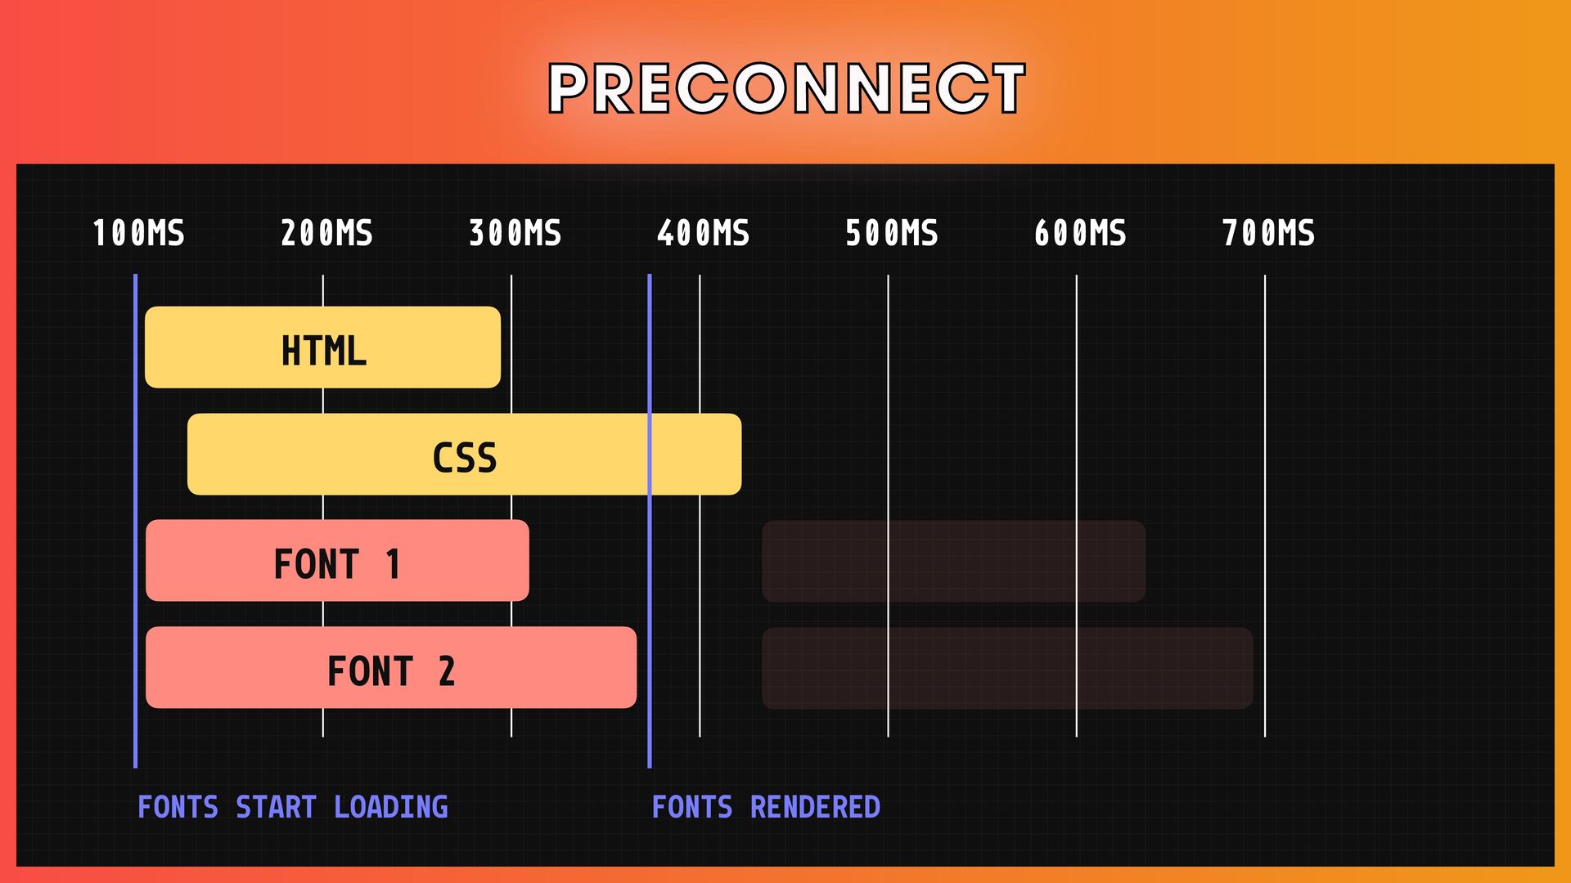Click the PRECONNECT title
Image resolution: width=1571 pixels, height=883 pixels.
tap(785, 88)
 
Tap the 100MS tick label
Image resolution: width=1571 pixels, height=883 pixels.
tap(138, 234)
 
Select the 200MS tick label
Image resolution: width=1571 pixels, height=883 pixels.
tap(326, 234)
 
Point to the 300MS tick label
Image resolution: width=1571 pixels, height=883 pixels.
tap(515, 234)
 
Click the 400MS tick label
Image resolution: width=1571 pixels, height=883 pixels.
tap(703, 234)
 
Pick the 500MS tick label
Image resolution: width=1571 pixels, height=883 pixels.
tap(891, 234)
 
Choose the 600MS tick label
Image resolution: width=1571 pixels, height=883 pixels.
tap(1080, 234)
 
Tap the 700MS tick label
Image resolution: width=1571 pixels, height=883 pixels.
tap(1268, 234)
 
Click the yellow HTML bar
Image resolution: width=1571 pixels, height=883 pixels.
tap(322, 347)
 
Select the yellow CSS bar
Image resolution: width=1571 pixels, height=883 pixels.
tap(464, 455)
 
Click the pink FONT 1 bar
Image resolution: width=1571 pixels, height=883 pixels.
tap(337, 561)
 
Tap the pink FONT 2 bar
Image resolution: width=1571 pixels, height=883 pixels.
tap(390, 668)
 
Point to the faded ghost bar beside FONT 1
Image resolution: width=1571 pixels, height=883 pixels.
tap(953, 562)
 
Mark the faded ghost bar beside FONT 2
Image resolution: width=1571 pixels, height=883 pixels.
tap(1007, 668)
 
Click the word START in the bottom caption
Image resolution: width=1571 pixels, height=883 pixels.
tap(276, 808)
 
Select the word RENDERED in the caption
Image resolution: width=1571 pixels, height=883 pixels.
tap(815, 808)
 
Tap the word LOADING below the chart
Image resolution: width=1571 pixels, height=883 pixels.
tap(390, 808)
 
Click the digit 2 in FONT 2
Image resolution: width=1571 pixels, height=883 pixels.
tap(446, 672)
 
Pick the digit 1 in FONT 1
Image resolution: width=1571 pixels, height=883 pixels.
tap(393, 565)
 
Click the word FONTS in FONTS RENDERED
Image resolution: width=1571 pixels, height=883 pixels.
tap(692, 808)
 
